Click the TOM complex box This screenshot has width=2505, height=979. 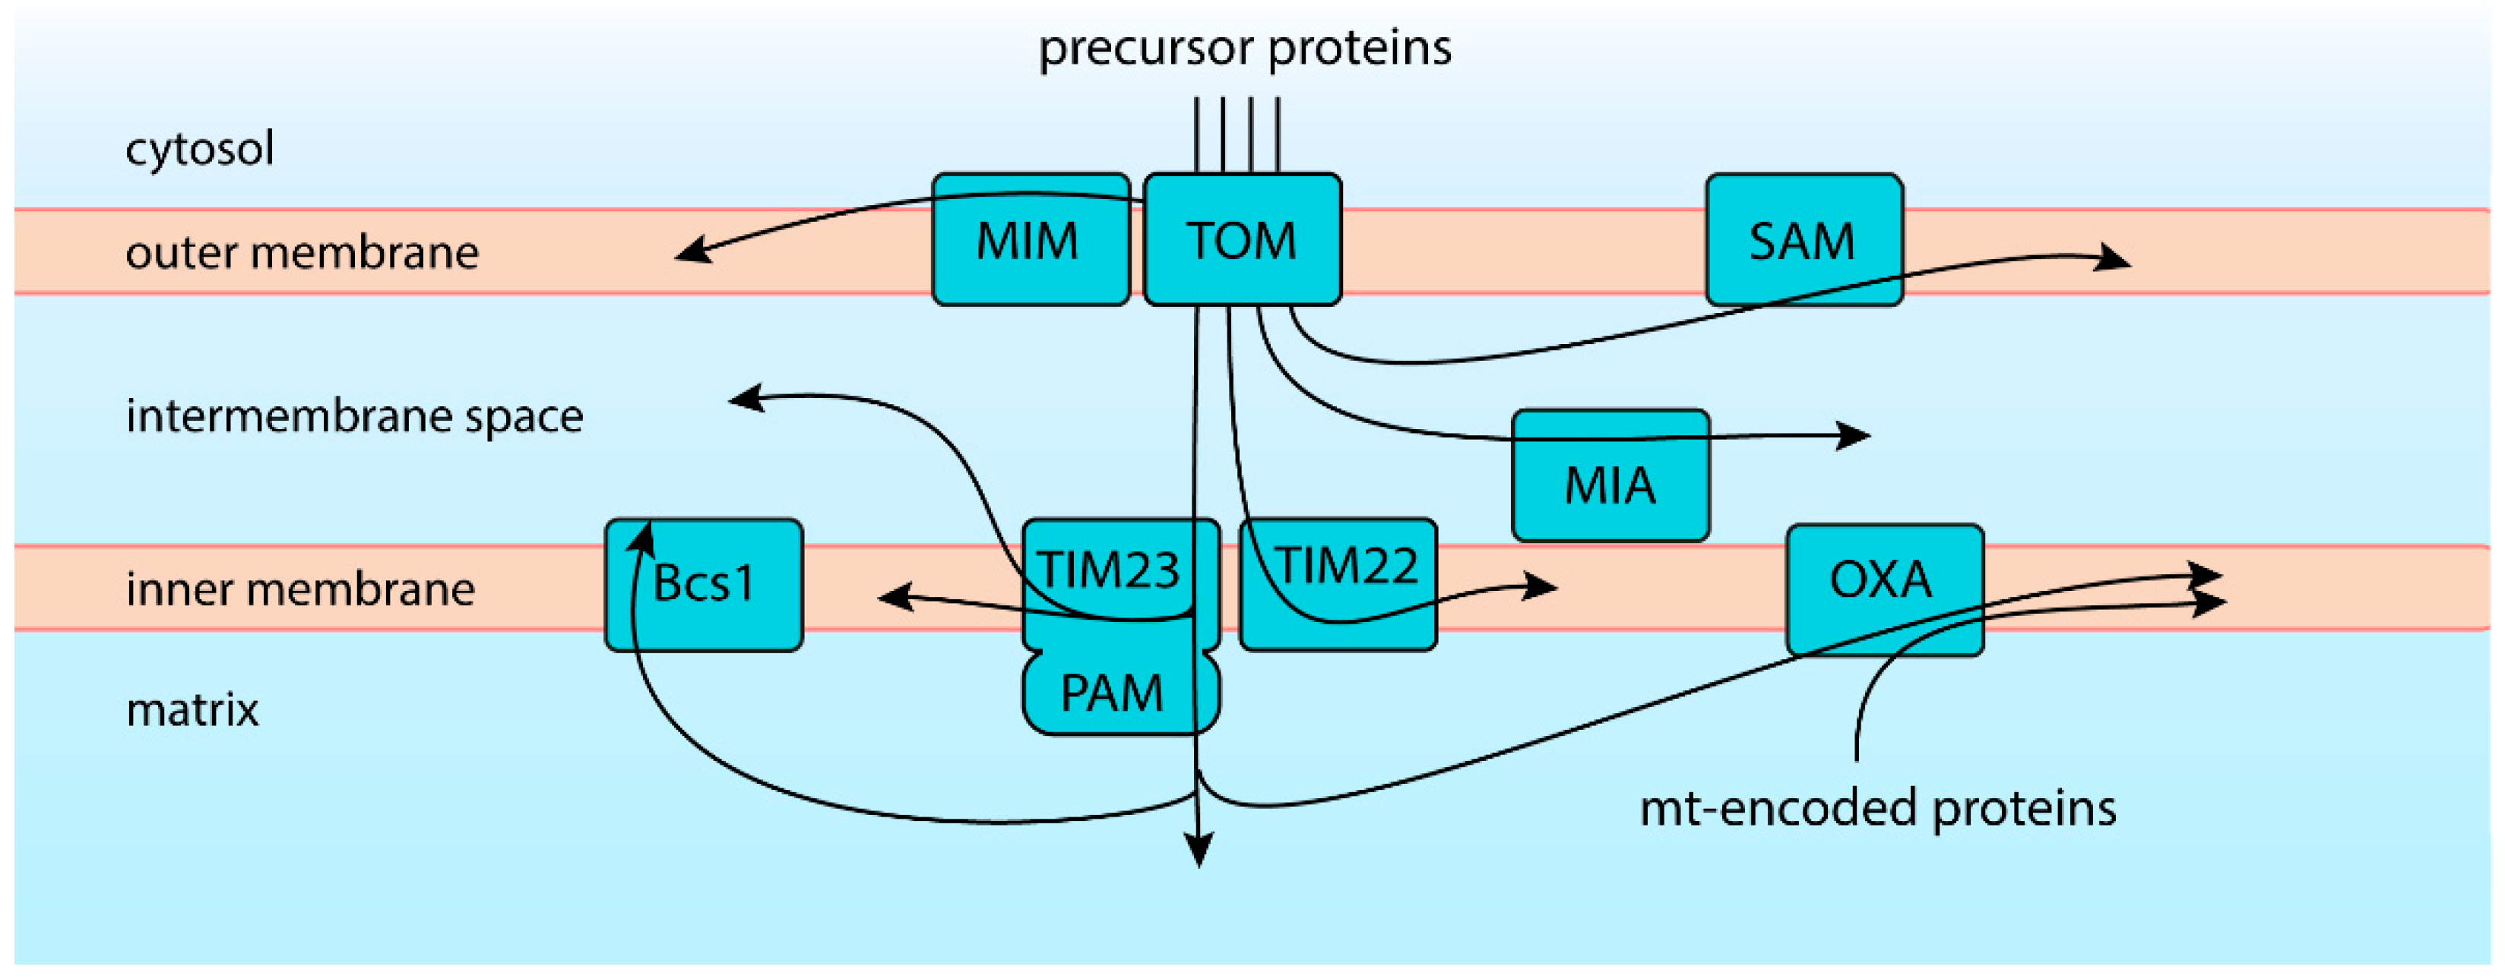click(1242, 240)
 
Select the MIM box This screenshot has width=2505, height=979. click(1030, 240)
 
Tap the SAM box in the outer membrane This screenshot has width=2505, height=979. click(1804, 240)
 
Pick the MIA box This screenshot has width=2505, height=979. click(1610, 484)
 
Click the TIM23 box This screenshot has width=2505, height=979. click(1109, 569)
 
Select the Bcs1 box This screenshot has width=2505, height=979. click(704, 583)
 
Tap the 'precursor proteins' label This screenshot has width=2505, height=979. click(1245, 46)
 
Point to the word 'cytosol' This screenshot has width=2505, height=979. click(199, 149)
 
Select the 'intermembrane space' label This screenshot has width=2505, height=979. click(354, 416)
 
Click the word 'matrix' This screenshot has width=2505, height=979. click(192, 709)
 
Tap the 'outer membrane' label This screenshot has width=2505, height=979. click(302, 253)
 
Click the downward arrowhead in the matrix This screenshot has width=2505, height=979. click(1200, 851)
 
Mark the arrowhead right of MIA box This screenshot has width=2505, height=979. click(1854, 434)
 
